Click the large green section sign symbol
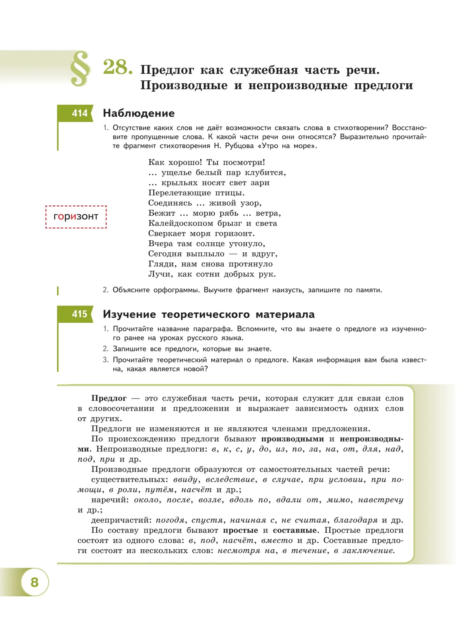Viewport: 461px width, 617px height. (x=80, y=69)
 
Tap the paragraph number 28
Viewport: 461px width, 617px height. (x=118, y=67)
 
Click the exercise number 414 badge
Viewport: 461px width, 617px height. (x=80, y=113)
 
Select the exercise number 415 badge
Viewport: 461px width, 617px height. (x=80, y=314)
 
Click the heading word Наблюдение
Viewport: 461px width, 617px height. (x=139, y=113)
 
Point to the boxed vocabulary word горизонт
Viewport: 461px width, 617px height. (x=76, y=217)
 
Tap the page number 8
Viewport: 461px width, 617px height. (x=35, y=582)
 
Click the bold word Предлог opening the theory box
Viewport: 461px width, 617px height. (x=109, y=399)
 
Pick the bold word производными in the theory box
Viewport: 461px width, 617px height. (x=292, y=439)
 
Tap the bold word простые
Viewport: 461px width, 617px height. (x=240, y=530)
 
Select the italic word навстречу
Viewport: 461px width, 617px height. (x=380, y=500)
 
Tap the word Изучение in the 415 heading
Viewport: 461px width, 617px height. (x=129, y=315)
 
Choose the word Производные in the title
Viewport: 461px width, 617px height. (x=184, y=85)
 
